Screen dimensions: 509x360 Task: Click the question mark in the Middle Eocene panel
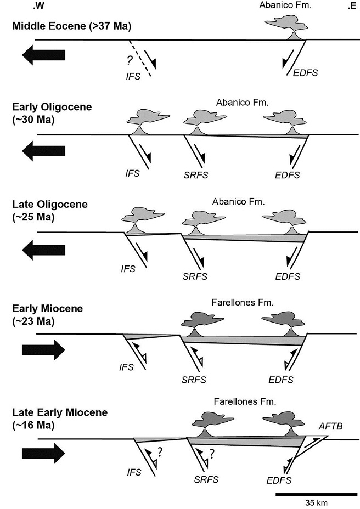coord(130,61)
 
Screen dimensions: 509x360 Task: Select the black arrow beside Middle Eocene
coord(44,55)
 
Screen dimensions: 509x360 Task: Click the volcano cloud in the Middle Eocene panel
coord(286,24)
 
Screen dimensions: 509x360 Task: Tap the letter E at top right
coord(351,7)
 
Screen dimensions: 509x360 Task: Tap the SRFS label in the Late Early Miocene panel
coord(206,479)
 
